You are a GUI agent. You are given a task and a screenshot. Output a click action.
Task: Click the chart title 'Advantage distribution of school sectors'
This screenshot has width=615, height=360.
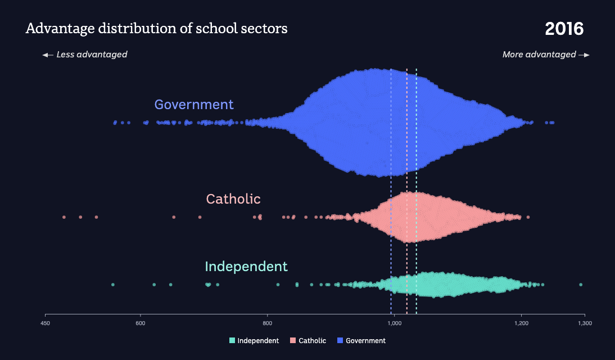click(x=156, y=29)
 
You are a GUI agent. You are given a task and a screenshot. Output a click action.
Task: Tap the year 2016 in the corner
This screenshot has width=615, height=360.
click(x=564, y=29)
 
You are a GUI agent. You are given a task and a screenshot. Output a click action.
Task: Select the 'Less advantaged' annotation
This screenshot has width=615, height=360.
click(x=85, y=55)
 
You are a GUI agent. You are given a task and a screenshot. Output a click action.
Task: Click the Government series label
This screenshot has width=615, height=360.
click(x=194, y=105)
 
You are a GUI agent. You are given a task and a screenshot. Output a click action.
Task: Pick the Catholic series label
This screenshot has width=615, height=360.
click(x=233, y=199)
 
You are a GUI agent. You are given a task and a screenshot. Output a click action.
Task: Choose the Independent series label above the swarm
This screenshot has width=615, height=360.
click(x=246, y=267)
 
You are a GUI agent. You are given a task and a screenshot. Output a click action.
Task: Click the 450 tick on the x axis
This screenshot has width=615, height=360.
click(x=46, y=323)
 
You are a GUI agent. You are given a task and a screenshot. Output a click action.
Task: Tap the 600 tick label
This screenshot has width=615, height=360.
click(x=141, y=323)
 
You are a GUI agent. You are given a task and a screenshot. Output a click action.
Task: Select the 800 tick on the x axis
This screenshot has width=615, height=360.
click(x=268, y=323)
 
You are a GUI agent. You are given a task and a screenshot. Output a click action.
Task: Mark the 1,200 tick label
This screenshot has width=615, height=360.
click(x=521, y=323)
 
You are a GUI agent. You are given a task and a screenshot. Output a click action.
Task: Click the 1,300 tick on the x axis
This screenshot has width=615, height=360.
click(x=585, y=323)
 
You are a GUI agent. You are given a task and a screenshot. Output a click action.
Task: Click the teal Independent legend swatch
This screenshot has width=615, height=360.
click(x=232, y=341)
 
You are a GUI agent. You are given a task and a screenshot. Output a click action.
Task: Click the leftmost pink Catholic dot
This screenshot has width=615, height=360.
click(x=64, y=217)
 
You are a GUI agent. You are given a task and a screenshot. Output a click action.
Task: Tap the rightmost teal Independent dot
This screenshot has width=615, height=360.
click(x=581, y=285)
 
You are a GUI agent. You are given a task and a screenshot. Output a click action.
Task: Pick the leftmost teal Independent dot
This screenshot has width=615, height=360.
click(x=113, y=285)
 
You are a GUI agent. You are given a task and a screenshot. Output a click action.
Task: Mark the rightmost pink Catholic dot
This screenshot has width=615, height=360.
click(x=528, y=217)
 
